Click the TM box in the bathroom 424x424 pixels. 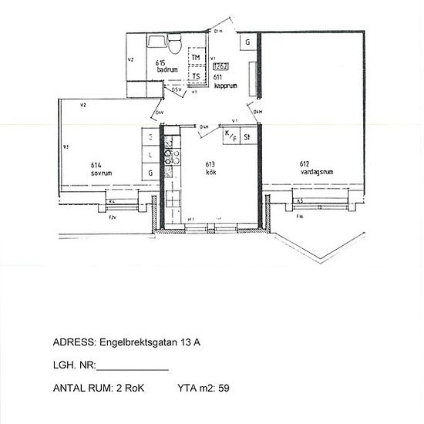tap(196, 59)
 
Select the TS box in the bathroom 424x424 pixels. tap(196, 76)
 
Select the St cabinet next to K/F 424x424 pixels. tap(247, 137)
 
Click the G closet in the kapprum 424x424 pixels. tap(247, 42)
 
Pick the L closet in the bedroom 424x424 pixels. tap(150, 155)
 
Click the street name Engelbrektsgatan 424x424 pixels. tap(141, 344)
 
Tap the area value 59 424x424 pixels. tap(224, 388)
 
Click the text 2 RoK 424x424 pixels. tap(129, 388)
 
